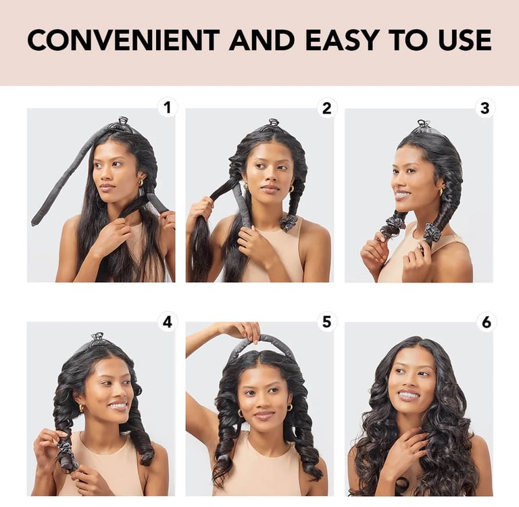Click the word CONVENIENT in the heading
tap(124, 40)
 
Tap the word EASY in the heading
tap(343, 40)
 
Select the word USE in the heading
tap(465, 40)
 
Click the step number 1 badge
tap(167, 107)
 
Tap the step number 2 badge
tap(326, 108)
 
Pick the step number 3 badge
tap(485, 108)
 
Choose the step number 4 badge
tap(167, 322)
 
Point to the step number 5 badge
tap(326, 322)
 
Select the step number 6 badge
tap(486, 322)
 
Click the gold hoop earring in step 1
tap(141, 182)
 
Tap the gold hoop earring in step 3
tap(442, 192)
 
